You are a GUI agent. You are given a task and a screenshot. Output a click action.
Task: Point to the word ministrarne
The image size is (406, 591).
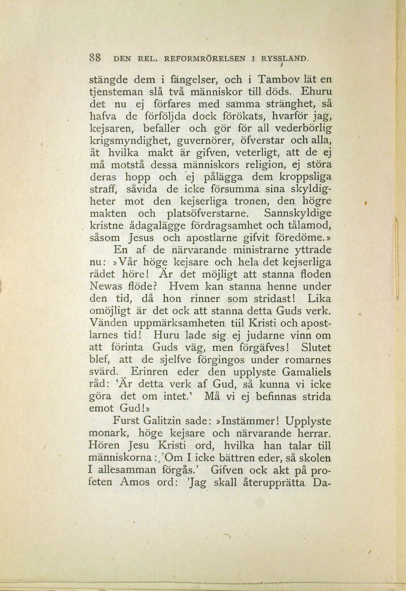[262, 250]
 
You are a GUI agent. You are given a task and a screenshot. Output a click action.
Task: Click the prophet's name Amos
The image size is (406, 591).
[135, 482]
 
